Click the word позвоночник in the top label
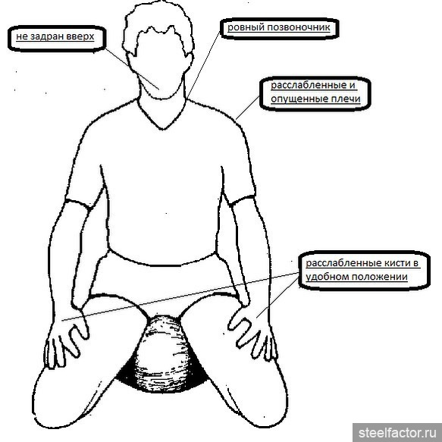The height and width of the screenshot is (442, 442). pyautogui.click(x=299, y=27)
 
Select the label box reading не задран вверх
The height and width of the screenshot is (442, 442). pyautogui.click(x=57, y=39)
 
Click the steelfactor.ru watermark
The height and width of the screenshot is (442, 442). pyautogui.click(x=397, y=433)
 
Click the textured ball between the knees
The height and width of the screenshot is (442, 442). pyautogui.click(x=164, y=354)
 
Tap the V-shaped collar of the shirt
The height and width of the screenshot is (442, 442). pyautogui.click(x=161, y=114)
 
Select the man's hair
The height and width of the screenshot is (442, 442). pyautogui.click(x=158, y=31)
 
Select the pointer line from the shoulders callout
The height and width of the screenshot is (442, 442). pyautogui.click(x=247, y=108)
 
